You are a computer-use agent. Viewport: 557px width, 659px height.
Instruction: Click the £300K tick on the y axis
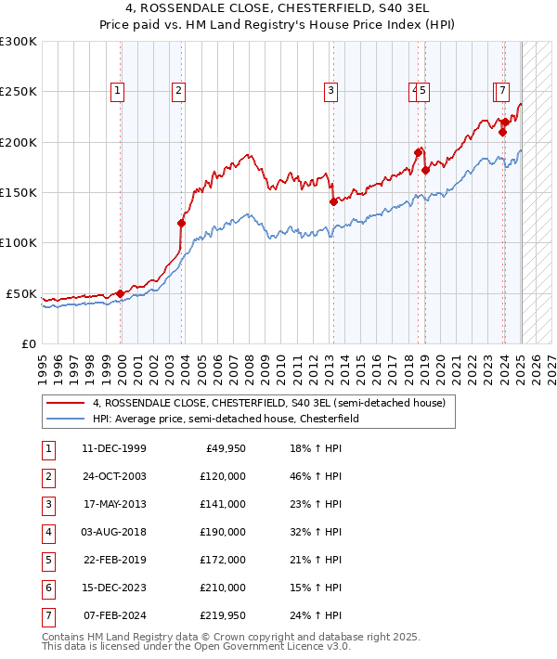19,42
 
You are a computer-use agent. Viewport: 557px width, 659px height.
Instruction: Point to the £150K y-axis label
19,192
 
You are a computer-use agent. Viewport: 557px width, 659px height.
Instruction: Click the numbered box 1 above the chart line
119,91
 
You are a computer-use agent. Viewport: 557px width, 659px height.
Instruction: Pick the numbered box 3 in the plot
330,91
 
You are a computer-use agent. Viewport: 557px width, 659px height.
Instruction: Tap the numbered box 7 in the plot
501,91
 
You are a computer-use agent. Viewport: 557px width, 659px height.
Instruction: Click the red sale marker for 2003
181,223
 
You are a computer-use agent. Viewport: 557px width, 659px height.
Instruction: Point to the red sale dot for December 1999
121,293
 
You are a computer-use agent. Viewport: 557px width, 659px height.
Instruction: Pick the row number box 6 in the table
47,588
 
